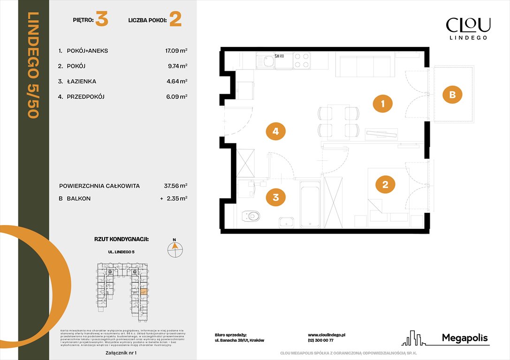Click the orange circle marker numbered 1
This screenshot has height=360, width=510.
(x=383, y=104)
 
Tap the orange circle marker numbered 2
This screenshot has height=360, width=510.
(x=385, y=184)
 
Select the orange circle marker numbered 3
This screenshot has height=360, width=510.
(x=276, y=198)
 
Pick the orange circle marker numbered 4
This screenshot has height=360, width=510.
(x=275, y=132)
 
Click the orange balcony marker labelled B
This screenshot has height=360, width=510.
(x=452, y=95)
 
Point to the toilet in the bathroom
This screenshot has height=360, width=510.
(x=251, y=216)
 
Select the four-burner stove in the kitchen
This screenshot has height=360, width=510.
(x=301, y=60)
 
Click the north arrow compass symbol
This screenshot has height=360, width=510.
(x=175, y=248)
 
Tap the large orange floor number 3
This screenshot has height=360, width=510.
(x=102, y=20)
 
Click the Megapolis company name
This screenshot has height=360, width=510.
(x=465, y=338)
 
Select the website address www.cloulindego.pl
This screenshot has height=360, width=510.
(x=327, y=335)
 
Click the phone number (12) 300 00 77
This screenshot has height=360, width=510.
(x=320, y=341)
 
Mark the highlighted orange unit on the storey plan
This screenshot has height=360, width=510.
(x=144, y=292)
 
